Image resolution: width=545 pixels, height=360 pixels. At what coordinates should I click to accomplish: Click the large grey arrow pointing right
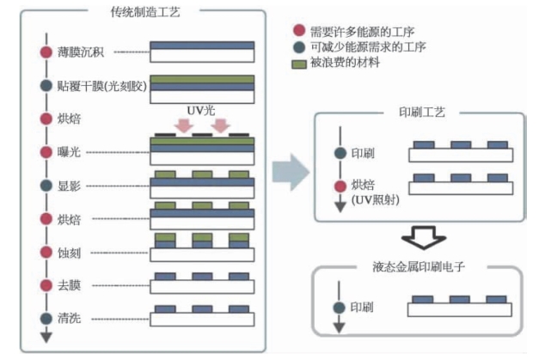(290, 171)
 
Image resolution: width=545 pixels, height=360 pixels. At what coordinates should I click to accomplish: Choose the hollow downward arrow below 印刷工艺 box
(422, 236)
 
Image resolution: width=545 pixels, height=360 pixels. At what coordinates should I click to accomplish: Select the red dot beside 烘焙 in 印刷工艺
(339, 186)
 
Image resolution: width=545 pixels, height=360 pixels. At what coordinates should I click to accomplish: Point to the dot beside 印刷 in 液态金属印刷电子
(339, 307)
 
